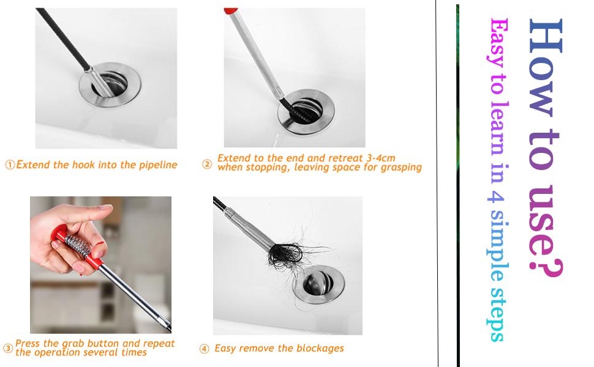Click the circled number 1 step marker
click(10, 165)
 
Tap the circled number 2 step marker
click(207, 164)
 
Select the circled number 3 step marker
click(8, 349)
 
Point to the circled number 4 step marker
click(205, 349)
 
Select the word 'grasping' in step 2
click(399, 167)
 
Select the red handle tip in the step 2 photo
click(231, 11)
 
